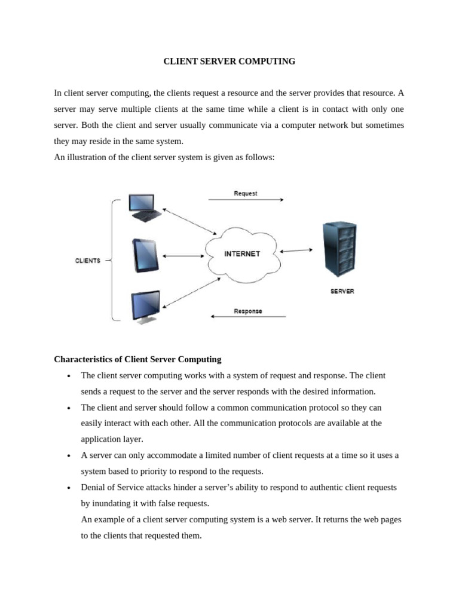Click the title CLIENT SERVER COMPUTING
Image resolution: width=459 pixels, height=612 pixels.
[x=229, y=62]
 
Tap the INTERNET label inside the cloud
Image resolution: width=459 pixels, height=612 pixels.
[x=242, y=254]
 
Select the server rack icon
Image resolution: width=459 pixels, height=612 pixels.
[x=339, y=250]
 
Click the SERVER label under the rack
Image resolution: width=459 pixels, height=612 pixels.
[x=342, y=292]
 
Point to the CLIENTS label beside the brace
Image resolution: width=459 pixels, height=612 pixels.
[x=88, y=261]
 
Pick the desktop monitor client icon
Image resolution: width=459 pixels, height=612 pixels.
[x=145, y=306]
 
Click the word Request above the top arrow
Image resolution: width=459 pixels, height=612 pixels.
[x=246, y=193]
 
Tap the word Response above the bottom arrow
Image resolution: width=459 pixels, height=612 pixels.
[x=247, y=311]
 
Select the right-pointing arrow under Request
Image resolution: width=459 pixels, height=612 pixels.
[x=246, y=200]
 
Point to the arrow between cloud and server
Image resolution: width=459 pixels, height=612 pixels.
[x=295, y=251]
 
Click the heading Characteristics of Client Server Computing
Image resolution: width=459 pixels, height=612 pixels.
[x=137, y=359]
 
